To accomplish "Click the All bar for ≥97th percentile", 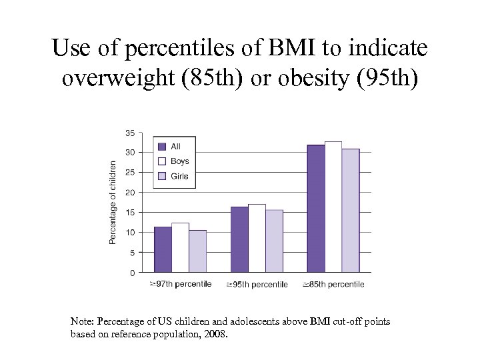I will [x=163, y=249].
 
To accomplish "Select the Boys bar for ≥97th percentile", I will [x=180, y=247].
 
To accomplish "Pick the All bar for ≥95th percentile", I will [x=239, y=239].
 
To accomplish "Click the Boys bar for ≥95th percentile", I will [x=257, y=238].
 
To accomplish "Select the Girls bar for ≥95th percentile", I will [x=274, y=241].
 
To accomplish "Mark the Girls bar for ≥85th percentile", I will [x=351, y=210].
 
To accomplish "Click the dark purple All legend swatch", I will [x=161, y=147].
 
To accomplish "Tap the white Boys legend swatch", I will [x=161, y=161].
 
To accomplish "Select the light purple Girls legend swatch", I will [x=161, y=177].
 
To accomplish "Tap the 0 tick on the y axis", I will [x=132, y=273].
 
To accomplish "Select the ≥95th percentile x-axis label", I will [x=257, y=285].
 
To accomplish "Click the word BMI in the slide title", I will [x=285, y=49].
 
